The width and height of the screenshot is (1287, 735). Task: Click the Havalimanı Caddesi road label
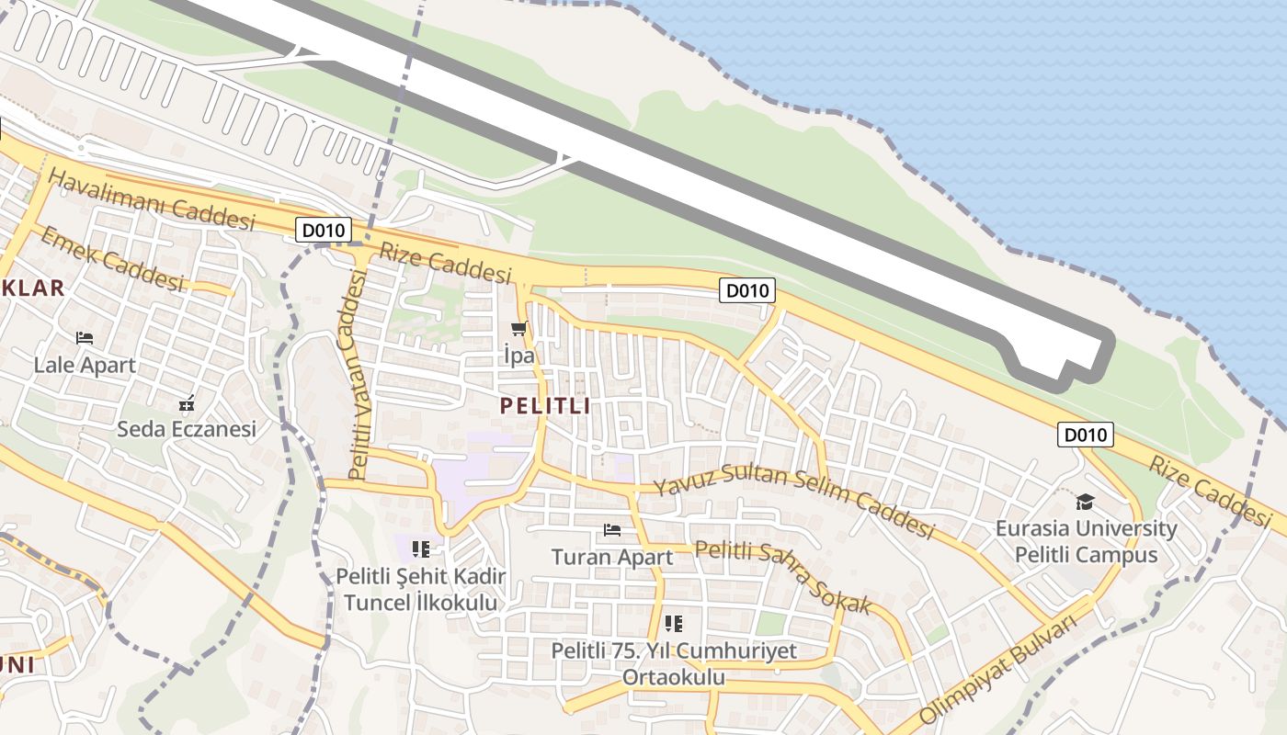point(152,199)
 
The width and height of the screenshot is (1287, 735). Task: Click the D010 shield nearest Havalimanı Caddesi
point(324,230)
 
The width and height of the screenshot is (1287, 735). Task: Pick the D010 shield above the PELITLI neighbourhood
point(747,291)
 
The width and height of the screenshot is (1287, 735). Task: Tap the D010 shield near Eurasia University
point(1085,435)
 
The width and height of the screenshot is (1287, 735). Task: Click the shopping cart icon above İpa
point(519,329)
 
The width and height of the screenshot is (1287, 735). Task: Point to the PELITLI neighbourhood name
point(545,405)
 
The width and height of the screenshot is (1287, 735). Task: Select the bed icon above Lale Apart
point(85,338)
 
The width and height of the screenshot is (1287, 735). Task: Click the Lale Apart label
point(85,365)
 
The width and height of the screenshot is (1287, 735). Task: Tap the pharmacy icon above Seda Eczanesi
point(187,402)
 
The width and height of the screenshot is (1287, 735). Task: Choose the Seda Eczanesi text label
point(187,429)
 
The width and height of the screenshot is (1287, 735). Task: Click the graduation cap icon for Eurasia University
point(1086,502)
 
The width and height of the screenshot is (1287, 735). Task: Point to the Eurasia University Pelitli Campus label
point(1086,542)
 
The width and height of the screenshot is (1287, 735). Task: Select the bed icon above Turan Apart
point(612,530)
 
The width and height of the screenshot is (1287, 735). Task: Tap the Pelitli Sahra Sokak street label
point(782,577)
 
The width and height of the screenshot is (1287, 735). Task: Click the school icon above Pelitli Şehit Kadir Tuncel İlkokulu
point(421,549)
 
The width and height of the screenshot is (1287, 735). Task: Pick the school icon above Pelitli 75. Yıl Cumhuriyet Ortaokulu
point(674,624)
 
